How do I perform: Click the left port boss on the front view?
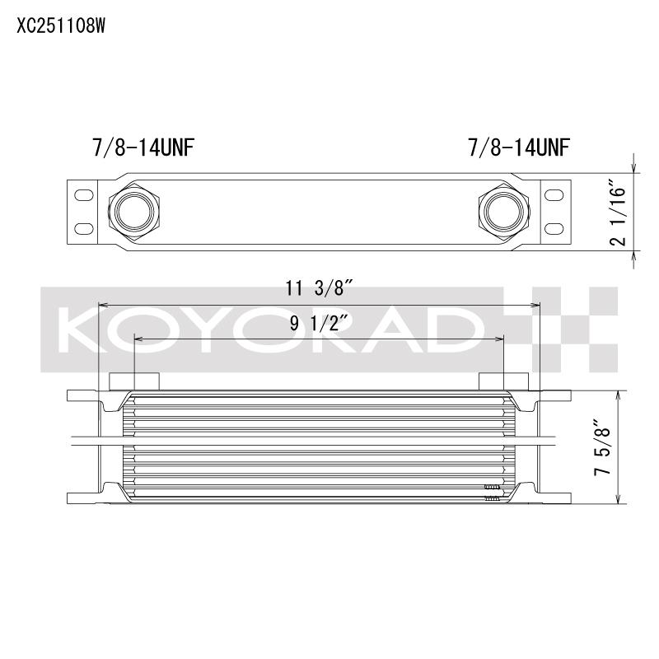coord(134,381)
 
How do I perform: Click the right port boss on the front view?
coord(502,381)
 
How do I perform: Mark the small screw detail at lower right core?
coord(492,491)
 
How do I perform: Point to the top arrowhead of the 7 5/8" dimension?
coord(619,395)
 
